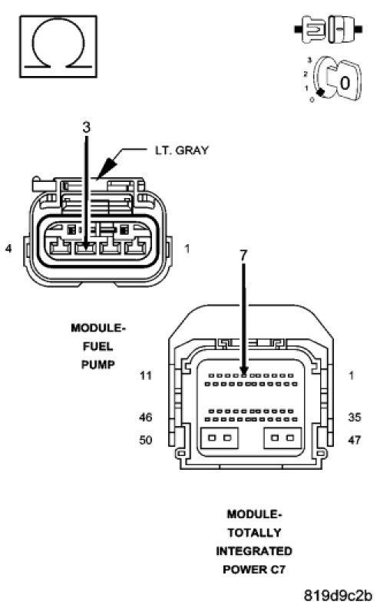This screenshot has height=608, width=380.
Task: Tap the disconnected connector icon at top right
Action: click(329, 28)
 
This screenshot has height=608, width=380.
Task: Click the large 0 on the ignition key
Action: click(345, 83)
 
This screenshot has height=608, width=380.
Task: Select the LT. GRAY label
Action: click(182, 150)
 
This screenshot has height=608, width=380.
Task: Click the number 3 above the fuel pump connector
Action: click(87, 127)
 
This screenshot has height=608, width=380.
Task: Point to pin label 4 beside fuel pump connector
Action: click(8, 248)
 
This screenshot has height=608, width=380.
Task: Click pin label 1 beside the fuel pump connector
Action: click(187, 249)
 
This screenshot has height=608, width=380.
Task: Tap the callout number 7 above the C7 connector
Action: click(243, 255)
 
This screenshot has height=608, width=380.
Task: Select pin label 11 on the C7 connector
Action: click(145, 375)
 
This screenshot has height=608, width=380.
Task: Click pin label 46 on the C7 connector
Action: click(146, 417)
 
